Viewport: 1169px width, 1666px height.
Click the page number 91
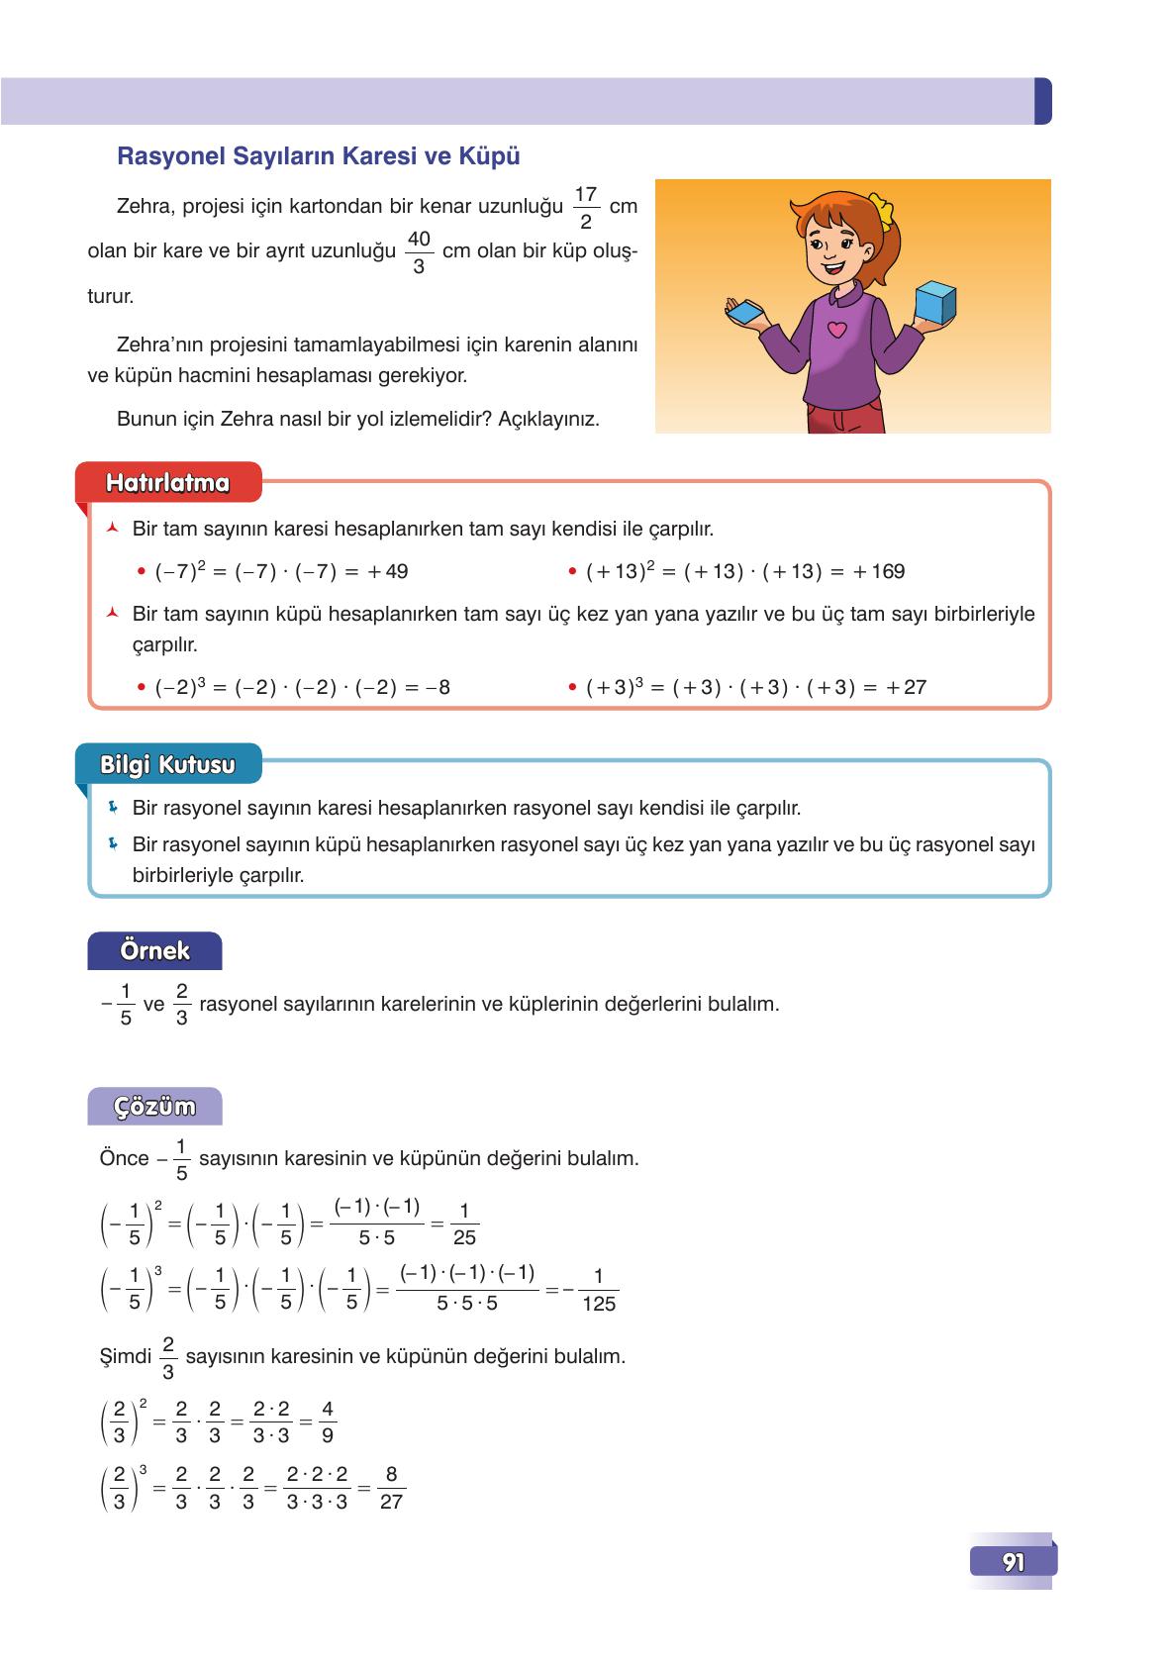point(1013,1561)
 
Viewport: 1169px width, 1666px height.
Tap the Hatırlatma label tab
point(167,483)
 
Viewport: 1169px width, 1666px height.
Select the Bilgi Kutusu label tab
point(167,764)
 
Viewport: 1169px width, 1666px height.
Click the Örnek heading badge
point(154,951)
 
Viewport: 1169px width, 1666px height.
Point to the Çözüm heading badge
point(154,1106)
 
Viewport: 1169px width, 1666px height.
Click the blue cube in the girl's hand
point(934,301)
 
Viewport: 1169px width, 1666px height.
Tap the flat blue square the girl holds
point(748,313)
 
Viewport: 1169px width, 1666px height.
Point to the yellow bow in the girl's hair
point(880,211)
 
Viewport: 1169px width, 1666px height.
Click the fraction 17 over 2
point(585,207)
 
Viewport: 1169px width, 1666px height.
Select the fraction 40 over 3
point(419,251)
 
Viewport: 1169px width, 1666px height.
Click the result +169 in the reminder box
point(879,571)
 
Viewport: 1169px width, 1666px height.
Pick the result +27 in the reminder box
point(906,687)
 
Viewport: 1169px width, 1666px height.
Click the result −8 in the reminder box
point(437,687)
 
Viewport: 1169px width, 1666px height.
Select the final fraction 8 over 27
point(391,1488)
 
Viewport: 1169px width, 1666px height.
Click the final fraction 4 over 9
point(328,1421)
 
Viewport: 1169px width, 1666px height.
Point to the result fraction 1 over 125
point(598,1290)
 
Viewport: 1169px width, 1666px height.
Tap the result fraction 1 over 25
point(463,1224)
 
